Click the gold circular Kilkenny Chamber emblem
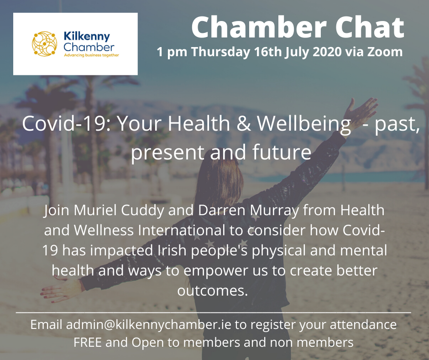click(x=44, y=44)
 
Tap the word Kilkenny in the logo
click(x=87, y=37)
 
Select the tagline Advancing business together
click(x=91, y=55)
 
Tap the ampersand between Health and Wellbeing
click(x=244, y=123)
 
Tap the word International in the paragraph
click(x=181, y=230)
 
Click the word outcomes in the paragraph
click(x=212, y=291)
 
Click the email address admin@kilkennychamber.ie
click(x=149, y=324)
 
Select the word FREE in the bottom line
click(x=88, y=343)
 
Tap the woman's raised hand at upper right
click(x=361, y=110)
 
